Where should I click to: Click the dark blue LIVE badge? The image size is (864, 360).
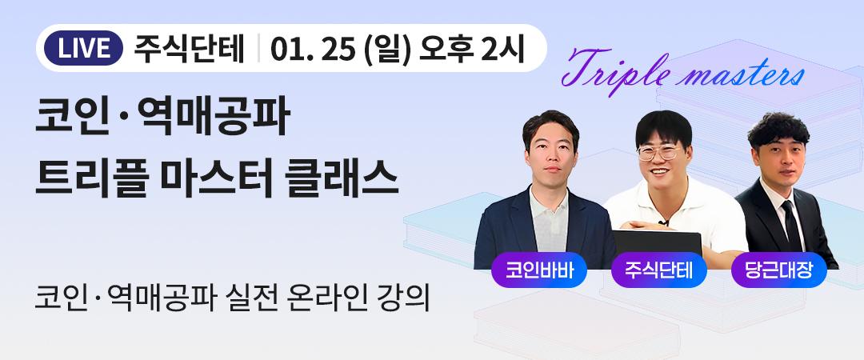83,49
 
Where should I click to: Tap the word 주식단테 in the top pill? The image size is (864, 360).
189,49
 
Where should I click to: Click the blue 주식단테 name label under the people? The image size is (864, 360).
658,270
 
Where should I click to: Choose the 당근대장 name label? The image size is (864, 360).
778,270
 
